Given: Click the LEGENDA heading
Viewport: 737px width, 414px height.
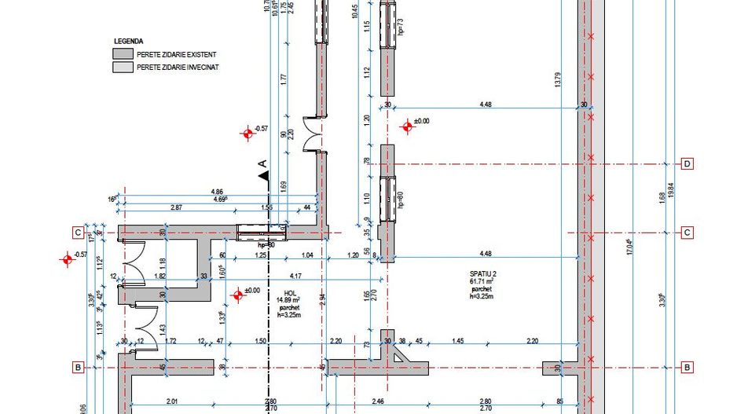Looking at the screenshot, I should (x=128, y=41).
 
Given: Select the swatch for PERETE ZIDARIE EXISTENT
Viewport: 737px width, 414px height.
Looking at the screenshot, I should (x=123, y=54).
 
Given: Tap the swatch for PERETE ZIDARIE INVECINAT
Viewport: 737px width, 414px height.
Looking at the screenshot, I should (x=123, y=68).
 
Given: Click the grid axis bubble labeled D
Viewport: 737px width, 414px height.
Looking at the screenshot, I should (x=687, y=164).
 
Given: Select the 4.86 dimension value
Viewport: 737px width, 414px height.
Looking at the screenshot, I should (x=218, y=192).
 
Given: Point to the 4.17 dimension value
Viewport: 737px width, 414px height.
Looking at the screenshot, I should (x=295, y=276).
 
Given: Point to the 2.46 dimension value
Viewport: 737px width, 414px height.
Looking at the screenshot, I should (x=376, y=402).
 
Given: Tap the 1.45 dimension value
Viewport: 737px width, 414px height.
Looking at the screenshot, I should (x=457, y=341).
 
